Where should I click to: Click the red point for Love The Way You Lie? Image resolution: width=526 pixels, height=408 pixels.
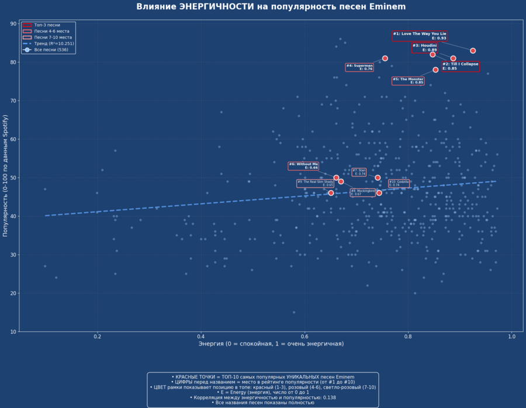pyautogui.click(x=473, y=51)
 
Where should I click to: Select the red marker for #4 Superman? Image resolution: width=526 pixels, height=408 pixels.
pyautogui.click(x=385, y=58)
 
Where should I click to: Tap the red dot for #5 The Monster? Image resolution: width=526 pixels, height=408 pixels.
pyautogui.click(x=435, y=70)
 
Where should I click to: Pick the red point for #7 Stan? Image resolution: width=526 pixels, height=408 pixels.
pyautogui.click(x=378, y=178)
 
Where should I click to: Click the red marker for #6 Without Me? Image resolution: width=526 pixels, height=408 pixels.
pyautogui.click(x=336, y=178)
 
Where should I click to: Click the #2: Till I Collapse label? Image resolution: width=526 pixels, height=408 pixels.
pyautogui.click(x=460, y=66)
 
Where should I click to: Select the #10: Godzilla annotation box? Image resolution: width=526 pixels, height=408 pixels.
pyautogui.click(x=399, y=184)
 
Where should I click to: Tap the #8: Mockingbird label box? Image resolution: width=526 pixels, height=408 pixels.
pyautogui.click(x=363, y=192)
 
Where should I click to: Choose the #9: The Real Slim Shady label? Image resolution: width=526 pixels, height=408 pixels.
pyautogui.click(x=316, y=184)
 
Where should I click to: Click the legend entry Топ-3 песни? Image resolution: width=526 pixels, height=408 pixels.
pyautogui.click(x=47, y=25)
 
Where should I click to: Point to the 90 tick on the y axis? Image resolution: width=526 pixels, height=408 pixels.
pyautogui.click(x=14, y=24)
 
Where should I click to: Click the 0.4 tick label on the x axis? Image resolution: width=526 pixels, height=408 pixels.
pyautogui.click(x=201, y=336)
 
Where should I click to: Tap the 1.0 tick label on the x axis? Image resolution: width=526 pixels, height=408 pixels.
pyautogui.click(x=511, y=336)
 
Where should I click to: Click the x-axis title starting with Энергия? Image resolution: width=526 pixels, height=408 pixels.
pyautogui.click(x=271, y=344)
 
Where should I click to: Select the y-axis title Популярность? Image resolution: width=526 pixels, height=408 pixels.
pyautogui.click(x=5, y=175)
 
